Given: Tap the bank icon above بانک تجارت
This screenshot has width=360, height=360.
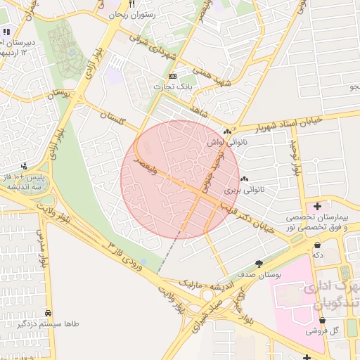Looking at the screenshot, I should point(173,76).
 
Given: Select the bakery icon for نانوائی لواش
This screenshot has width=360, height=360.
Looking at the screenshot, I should point(227,131).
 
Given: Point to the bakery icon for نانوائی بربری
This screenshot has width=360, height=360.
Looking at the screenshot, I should point(244,180).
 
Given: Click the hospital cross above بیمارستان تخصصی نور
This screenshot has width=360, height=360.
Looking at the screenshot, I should point(318,207).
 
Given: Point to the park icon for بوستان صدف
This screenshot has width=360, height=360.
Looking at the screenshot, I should point(259,264).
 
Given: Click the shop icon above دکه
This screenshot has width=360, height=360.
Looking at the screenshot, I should point(319,245).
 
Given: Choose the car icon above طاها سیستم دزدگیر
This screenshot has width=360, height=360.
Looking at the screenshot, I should point(48,313).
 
